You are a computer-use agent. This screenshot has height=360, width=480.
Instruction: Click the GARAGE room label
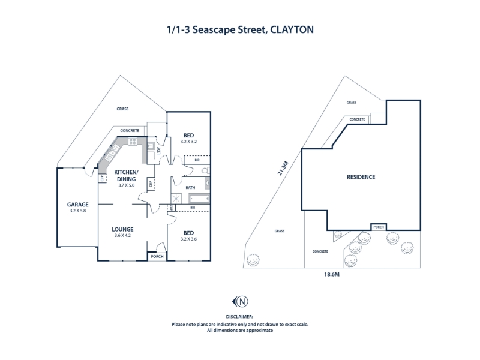pos(77,205)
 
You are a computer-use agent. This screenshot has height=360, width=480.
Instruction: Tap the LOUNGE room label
pos(122,229)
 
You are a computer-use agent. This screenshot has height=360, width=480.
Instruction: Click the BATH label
pos(190,187)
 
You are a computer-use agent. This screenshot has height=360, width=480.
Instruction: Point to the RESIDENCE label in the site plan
pos(361,177)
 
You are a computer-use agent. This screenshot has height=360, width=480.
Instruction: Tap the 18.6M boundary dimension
pos(332,274)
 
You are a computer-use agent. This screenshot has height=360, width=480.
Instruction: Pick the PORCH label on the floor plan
pos(157,257)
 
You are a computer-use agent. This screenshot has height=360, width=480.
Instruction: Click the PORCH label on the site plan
pos(379,227)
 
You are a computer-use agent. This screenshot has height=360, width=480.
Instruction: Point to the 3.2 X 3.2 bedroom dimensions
pos(188,142)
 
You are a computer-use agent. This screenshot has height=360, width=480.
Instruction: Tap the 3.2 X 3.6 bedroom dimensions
pos(188,239)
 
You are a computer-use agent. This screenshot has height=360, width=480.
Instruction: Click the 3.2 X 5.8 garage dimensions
pos(77,211)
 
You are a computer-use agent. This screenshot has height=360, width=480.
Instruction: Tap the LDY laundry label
pos(158,151)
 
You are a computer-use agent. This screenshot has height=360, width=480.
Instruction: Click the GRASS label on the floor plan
pos(122,109)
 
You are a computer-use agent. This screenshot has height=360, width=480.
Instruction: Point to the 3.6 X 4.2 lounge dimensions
pos(122,235)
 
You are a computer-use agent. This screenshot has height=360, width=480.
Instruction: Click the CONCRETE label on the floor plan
pos(130,131)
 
